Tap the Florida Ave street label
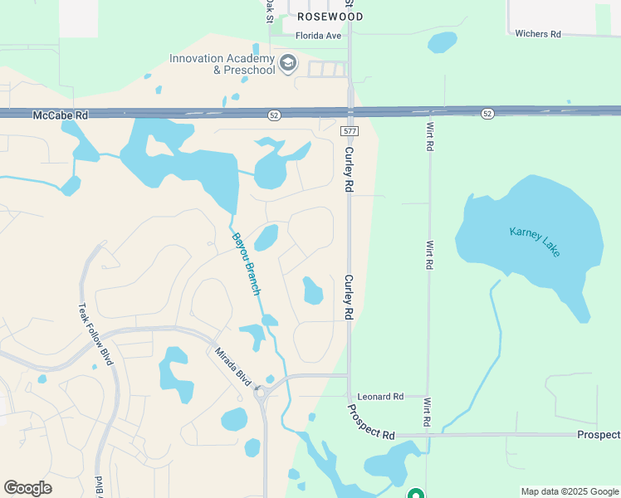pyautogui.click(x=319, y=36)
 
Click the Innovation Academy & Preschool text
pyautogui.click(x=222, y=64)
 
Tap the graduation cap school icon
pyautogui.click(x=288, y=64)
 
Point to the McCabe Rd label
pyautogui.click(x=60, y=115)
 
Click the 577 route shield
pyautogui.click(x=350, y=131)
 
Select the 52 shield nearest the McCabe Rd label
pyautogui.click(x=273, y=114)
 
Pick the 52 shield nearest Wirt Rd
pyautogui.click(x=487, y=112)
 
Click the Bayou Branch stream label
pyautogui.click(x=247, y=263)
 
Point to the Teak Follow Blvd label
pyautogui.click(x=95, y=334)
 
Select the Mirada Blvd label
pyautogui.click(x=233, y=366)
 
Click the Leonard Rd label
pyautogui.click(x=379, y=397)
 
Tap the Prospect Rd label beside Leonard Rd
pyautogui.click(x=371, y=422)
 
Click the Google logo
pyautogui.click(x=27, y=488)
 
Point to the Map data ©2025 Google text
pyautogui.click(x=569, y=491)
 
